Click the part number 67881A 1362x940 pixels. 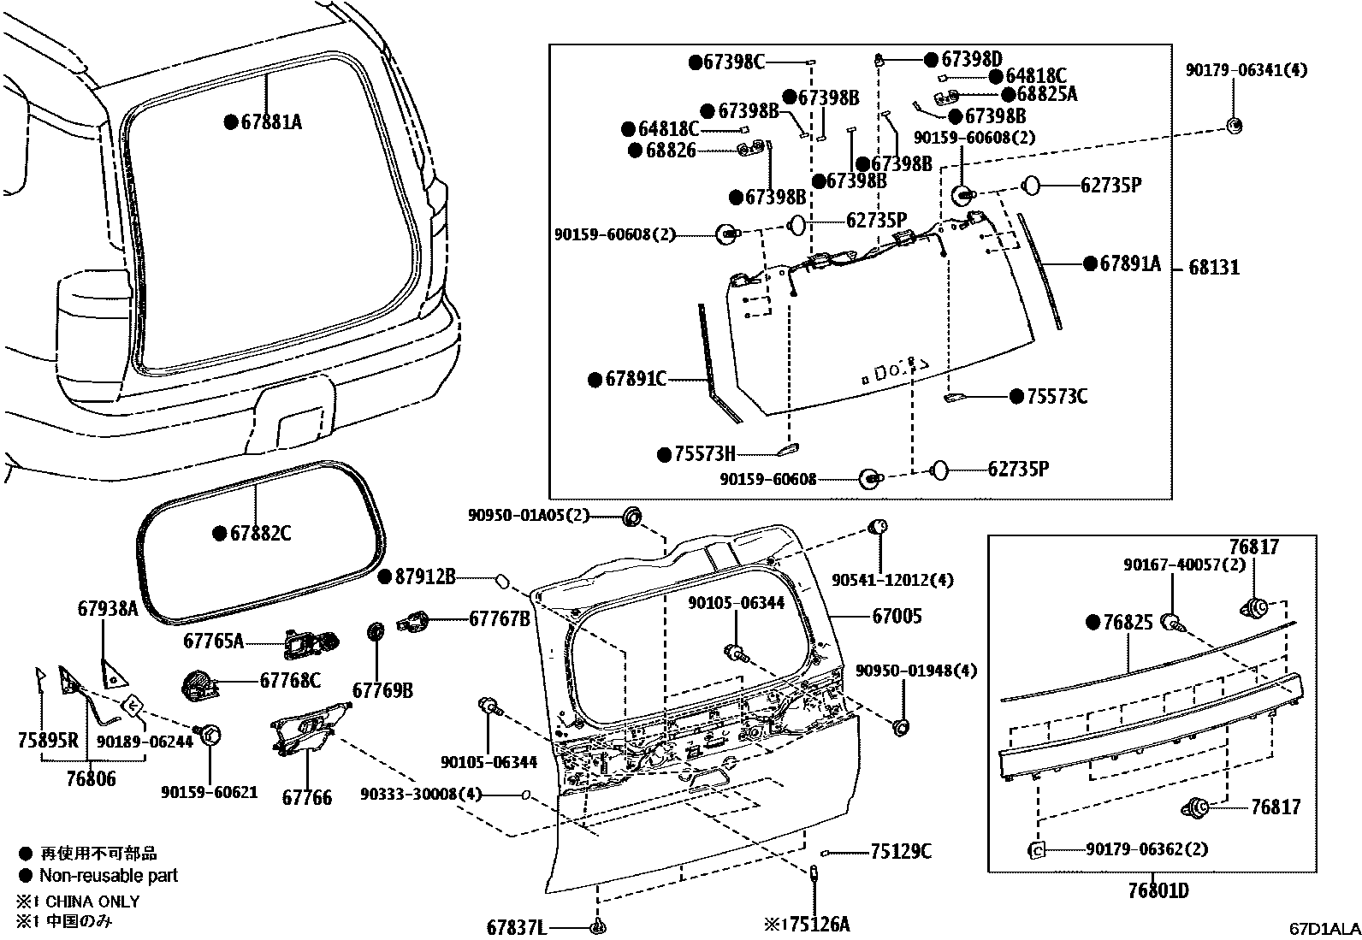coord(271,122)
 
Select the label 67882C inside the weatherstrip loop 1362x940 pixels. coord(260,534)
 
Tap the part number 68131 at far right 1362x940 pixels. coord(1214,268)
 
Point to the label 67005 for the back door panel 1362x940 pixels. coord(897,616)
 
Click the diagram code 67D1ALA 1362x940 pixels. coord(1324,929)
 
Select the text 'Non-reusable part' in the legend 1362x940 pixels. coord(109,876)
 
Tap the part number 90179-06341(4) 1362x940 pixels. coord(1247,71)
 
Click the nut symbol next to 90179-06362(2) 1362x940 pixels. coord(1035,850)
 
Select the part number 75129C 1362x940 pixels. coord(901,852)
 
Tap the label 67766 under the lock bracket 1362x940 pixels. coord(307,797)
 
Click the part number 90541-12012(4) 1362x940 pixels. coord(892,580)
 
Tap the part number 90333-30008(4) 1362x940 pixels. coord(421,795)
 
